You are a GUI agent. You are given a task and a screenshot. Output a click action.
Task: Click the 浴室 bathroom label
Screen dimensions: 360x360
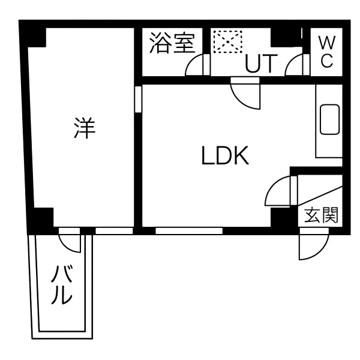(172, 43)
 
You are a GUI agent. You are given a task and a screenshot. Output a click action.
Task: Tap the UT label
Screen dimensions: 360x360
(262, 63)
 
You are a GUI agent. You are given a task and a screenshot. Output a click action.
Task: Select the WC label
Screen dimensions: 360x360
(327, 52)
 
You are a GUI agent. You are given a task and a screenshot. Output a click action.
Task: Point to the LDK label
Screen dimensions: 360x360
(225, 155)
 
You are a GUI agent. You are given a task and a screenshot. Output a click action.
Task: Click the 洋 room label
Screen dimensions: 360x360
(85, 128)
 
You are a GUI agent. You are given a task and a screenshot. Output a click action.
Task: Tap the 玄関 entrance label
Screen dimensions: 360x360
(321, 215)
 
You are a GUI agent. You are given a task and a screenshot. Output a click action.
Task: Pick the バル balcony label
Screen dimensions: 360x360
(62, 284)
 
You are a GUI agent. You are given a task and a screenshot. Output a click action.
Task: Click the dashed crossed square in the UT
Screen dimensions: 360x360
(228, 41)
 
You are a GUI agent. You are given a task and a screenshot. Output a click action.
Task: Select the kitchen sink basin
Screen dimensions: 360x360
(329, 119)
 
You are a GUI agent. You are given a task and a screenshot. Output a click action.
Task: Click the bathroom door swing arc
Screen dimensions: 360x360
(194, 65)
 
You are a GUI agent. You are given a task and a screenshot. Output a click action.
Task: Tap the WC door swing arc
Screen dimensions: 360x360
(295, 65)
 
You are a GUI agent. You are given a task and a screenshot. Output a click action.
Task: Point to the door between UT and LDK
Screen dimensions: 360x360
(245, 93)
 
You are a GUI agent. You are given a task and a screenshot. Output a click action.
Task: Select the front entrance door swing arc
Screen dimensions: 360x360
(314, 244)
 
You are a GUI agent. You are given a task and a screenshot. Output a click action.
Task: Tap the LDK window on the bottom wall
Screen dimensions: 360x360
(189, 231)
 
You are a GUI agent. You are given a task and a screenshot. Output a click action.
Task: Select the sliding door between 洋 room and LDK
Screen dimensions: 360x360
(138, 99)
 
